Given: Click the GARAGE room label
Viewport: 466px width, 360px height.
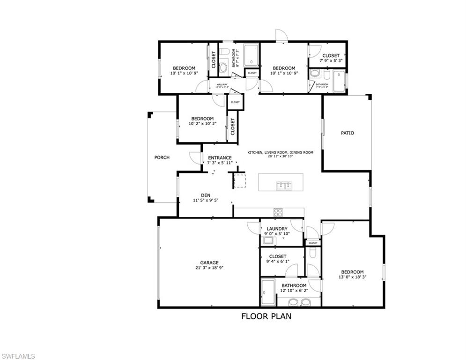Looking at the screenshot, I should [x=209, y=262].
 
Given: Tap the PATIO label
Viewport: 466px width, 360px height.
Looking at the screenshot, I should [x=347, y=133].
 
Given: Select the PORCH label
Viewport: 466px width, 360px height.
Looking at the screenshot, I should [x=162, y=157].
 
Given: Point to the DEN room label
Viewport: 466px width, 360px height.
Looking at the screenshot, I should [x=206, y=195].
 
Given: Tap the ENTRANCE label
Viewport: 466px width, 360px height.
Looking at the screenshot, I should [x=220, y=157].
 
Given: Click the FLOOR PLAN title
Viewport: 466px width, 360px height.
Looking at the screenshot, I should [x=266, y=316].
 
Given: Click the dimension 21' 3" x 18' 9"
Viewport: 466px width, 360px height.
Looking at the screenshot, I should [x=209, y=268].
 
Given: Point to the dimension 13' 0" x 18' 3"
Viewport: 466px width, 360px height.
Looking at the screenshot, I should [x=352, y=277].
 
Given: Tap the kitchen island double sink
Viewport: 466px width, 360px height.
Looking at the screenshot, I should [x=284, y=186].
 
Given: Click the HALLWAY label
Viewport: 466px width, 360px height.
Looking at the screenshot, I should [x=222, y=84].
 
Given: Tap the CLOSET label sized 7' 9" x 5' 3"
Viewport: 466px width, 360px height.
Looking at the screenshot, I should [x=331, y=55].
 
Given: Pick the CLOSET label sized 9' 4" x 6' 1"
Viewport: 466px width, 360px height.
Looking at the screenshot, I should [x=277, y=256].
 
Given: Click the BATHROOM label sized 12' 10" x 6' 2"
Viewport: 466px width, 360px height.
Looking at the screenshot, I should [x=294, y=285].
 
